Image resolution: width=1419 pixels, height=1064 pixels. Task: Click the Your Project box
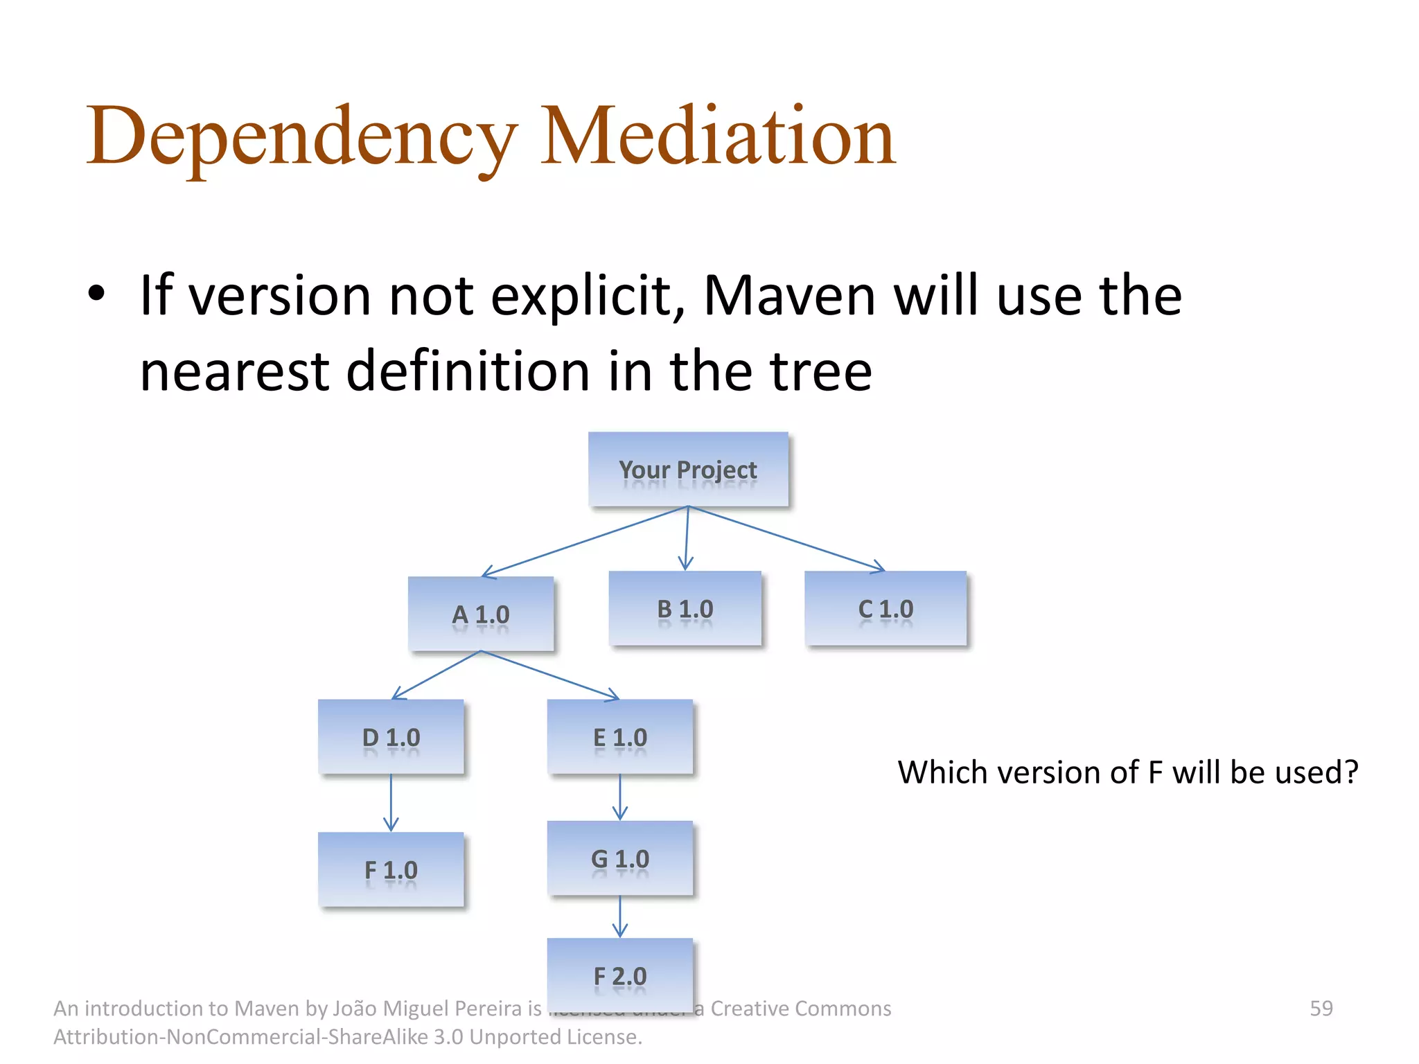pos(688,469)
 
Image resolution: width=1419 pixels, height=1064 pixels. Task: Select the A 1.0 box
pos(481,614)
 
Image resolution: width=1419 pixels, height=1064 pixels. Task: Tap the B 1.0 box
pos(685,608)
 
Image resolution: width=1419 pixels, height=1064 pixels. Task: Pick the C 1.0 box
pos(885,608)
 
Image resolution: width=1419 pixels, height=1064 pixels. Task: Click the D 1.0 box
pos(391,736)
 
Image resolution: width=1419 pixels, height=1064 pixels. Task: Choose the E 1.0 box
pos(620,736)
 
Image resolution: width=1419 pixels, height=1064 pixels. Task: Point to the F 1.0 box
pos(391,869)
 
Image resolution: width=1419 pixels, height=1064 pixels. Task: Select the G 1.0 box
pos(620,858)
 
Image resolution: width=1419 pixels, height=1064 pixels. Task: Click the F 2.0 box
pos(620,975)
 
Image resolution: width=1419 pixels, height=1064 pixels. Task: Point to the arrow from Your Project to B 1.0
pos(687,539)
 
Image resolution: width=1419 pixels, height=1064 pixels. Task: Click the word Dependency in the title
pos(302,139)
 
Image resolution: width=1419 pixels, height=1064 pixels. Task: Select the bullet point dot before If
pos(96,294)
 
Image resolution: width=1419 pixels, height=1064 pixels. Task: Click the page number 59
pos(1321,1008)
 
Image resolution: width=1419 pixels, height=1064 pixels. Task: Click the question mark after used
pos(1350,772)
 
